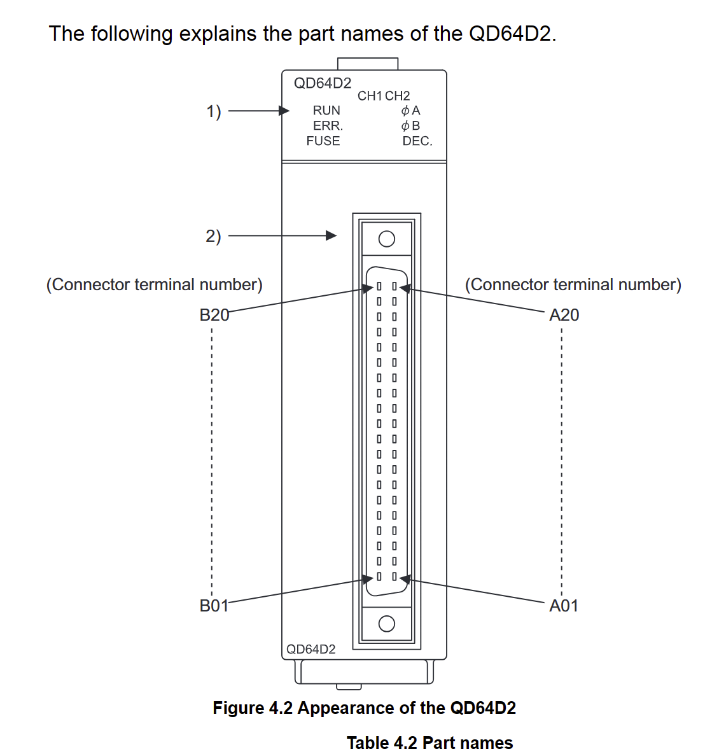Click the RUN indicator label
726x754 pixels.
[x=326, y=111]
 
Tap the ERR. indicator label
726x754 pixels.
[x=328, y=126]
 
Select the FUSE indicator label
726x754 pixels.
[x=323, y=141]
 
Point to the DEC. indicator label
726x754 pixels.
[x=417, y=141]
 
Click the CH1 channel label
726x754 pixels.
[x=370, y=96]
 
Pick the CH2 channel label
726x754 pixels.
[x=398, y=96]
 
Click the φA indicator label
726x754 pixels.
[x=411, y=111]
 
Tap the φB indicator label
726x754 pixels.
[x=411, y=126]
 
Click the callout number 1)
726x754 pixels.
[x=214, y=112]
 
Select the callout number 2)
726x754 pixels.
[x=214, y=236]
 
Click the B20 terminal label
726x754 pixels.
[x=214, y=315]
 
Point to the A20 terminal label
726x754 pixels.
[x=564, y=315]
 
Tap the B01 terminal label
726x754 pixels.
[x=214, y=606]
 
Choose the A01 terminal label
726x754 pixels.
[x=564, y=606]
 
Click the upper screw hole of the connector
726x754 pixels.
[x=386, y=239]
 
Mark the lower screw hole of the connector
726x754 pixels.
[x=386, y=624]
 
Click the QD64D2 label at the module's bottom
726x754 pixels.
[x=311, y=650]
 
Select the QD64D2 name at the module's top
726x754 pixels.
[x=323, y=83]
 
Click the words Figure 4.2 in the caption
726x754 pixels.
[x=252, y=708]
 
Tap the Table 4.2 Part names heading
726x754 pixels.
[x=429, y=743]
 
